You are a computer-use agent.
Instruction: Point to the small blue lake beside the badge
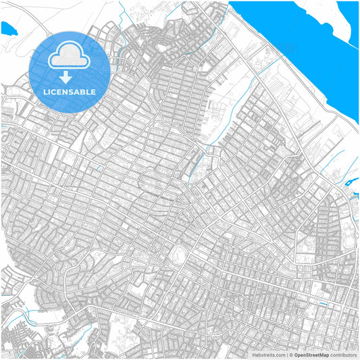9,29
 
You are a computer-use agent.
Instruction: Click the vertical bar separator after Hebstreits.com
286,354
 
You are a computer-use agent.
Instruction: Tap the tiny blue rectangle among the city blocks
322,304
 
